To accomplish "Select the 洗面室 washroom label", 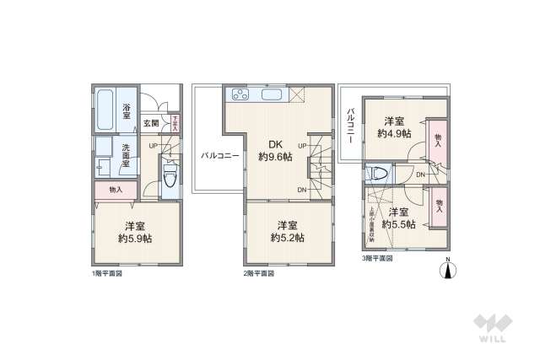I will point(125,156).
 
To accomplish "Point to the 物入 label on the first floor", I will point(116,191).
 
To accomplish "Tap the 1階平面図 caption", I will point(107,274).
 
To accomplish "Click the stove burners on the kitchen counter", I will point(239,93).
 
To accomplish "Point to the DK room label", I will point(275,142).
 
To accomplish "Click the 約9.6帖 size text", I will point(275,157).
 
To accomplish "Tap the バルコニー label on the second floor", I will point(220,156).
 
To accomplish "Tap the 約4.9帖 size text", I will point(394,133).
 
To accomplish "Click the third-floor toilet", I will point(381,175).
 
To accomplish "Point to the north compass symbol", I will point(449,270).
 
